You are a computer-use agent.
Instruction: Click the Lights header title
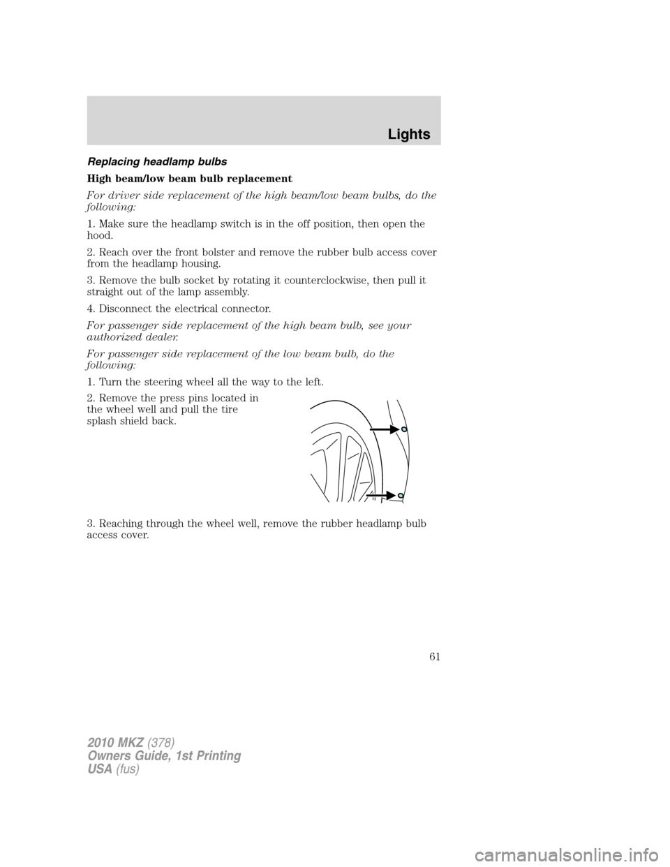[x=409, y=133]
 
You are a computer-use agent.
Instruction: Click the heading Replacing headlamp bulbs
[x=164, y=161]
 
